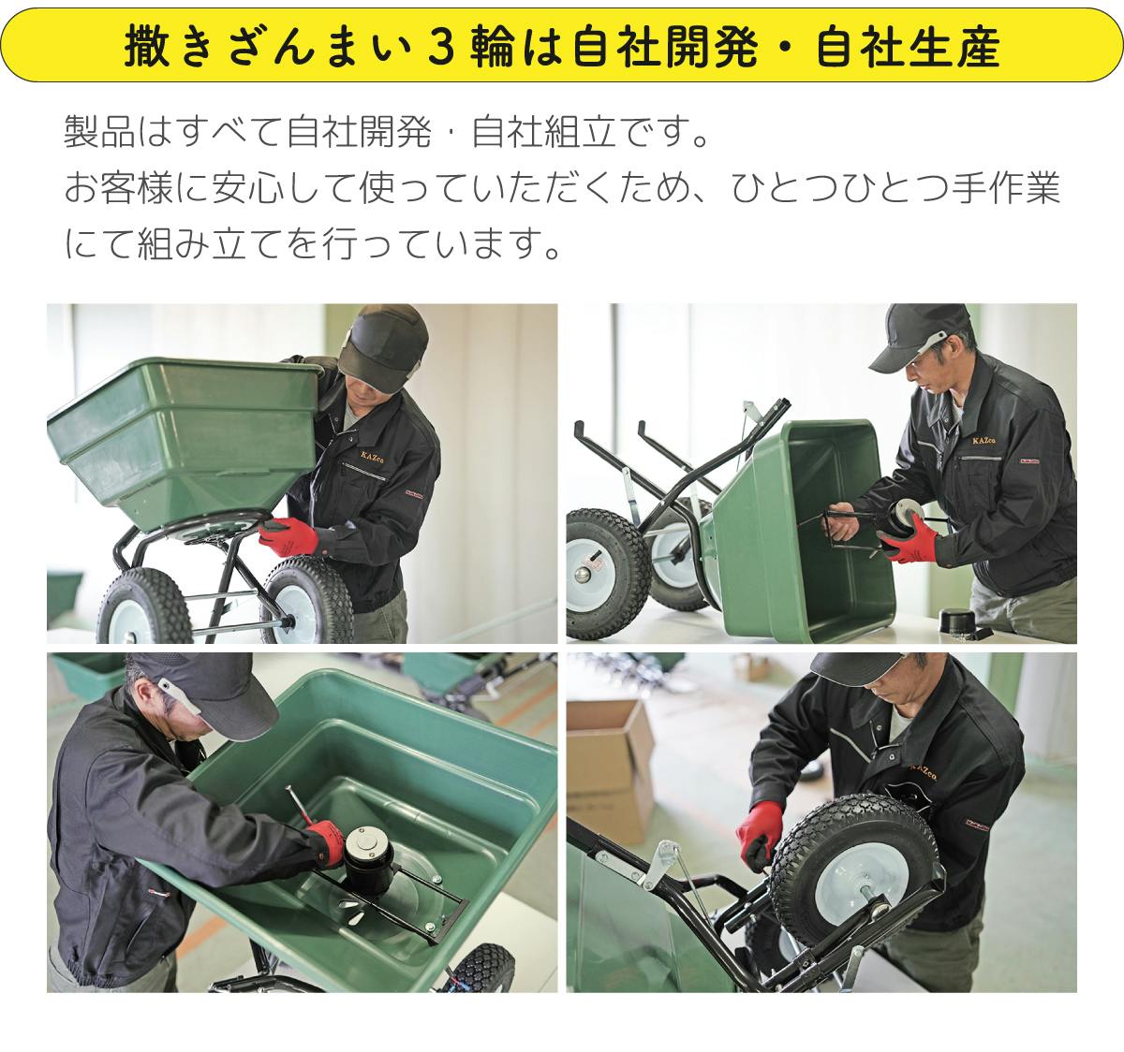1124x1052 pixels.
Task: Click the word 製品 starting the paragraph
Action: pyautogui.click(x=99, y=132)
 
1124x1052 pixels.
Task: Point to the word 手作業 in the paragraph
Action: pyautogui.click(x=1005, y=188)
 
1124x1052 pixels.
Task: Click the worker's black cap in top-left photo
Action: pyautogui.click(x=384, y=346)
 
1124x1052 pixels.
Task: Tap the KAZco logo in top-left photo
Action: pyautogui.click(x=373, y=456)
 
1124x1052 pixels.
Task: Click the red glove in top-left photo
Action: pyautogui.click(x=288, y=535)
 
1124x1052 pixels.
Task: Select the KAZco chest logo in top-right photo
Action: pyautogui.click(x=983, y=441)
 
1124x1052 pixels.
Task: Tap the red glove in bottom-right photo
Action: pyautogui.click(x=760, y=834)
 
